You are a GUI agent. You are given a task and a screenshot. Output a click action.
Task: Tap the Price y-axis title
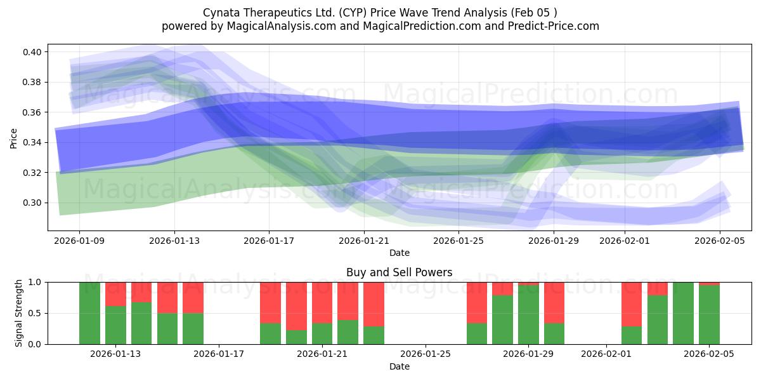[x=13, y=137]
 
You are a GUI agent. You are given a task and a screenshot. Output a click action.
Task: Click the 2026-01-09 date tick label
[x=79, y=241]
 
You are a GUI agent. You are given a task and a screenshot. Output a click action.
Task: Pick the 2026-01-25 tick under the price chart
[x=459, y=241]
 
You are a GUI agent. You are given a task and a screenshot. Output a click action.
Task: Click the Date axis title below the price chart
[x=400, y=253]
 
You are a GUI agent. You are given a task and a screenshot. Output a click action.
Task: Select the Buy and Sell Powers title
[x=400, y=272]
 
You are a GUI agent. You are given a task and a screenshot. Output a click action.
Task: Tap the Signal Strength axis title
[x=19, y=313]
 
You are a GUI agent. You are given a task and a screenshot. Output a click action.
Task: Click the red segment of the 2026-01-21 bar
[x=322, y=302]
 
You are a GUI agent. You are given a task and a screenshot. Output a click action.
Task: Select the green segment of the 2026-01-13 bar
[x=115, y=325]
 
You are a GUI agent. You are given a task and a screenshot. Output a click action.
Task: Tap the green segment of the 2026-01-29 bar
[x=528, y=315]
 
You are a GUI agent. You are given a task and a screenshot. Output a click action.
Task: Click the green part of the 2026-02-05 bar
[x=709, y=315]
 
